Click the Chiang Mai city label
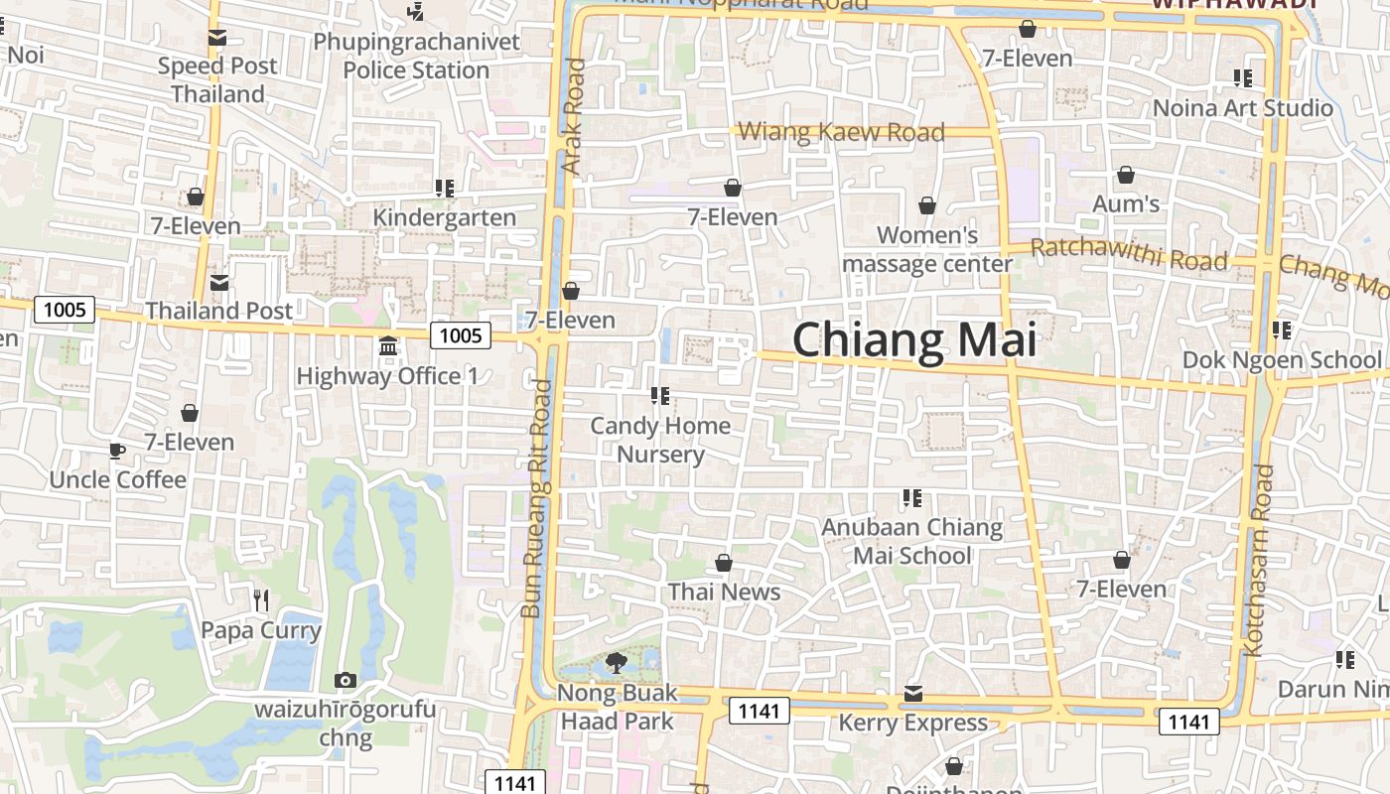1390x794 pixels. click(913, 340)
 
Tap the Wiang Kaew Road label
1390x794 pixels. click(841, 132)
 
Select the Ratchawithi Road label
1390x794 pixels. click(1129, 254)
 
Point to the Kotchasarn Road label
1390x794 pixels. click(1258, 561)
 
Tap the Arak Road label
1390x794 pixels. click(574, 116)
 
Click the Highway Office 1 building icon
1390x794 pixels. click(388, 348)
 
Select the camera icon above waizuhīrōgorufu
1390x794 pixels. click(346, 680)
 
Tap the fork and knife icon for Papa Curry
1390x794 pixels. click(261, 599)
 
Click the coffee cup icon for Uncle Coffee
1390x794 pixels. click(117, 451)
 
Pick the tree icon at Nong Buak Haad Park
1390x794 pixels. click(617, 662)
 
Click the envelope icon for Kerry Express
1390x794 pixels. click(913, 693)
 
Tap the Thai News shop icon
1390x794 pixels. click(724, 563)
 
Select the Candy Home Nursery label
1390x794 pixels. click(660, 440)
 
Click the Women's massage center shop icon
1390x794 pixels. click(927, 205)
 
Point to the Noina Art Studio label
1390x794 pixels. click(1242, 108)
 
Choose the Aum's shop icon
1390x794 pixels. click(1126, 176)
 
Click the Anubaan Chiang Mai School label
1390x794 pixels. click(912, 541)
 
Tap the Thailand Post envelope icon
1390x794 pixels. click(219, 282)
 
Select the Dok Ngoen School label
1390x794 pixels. click(1281, 359)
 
